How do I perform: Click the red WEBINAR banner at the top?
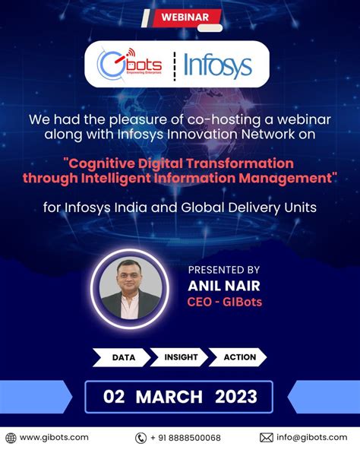(179, 15)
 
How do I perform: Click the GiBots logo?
(129, 65)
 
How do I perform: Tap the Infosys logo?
(218, 66)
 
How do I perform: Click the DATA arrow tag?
(124, 357)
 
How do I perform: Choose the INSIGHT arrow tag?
(180, 357)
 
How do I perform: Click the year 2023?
(235, 396)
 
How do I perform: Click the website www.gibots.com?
(54, 437)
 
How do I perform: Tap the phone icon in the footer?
(141, 438)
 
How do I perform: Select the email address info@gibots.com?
(311, 437)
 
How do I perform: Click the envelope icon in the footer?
(266, 438)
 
